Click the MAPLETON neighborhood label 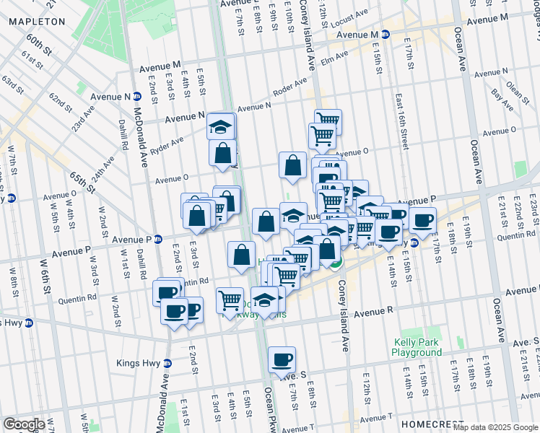[36, 22]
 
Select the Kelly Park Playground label [417, 347]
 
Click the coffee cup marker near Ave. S [282, 359]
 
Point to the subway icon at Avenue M [386, 35]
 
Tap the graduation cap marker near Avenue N [221, 127]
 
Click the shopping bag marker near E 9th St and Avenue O [293, 165]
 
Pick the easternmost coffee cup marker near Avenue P [423, 219]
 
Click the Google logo [24, 424]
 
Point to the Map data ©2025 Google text [495, 427]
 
